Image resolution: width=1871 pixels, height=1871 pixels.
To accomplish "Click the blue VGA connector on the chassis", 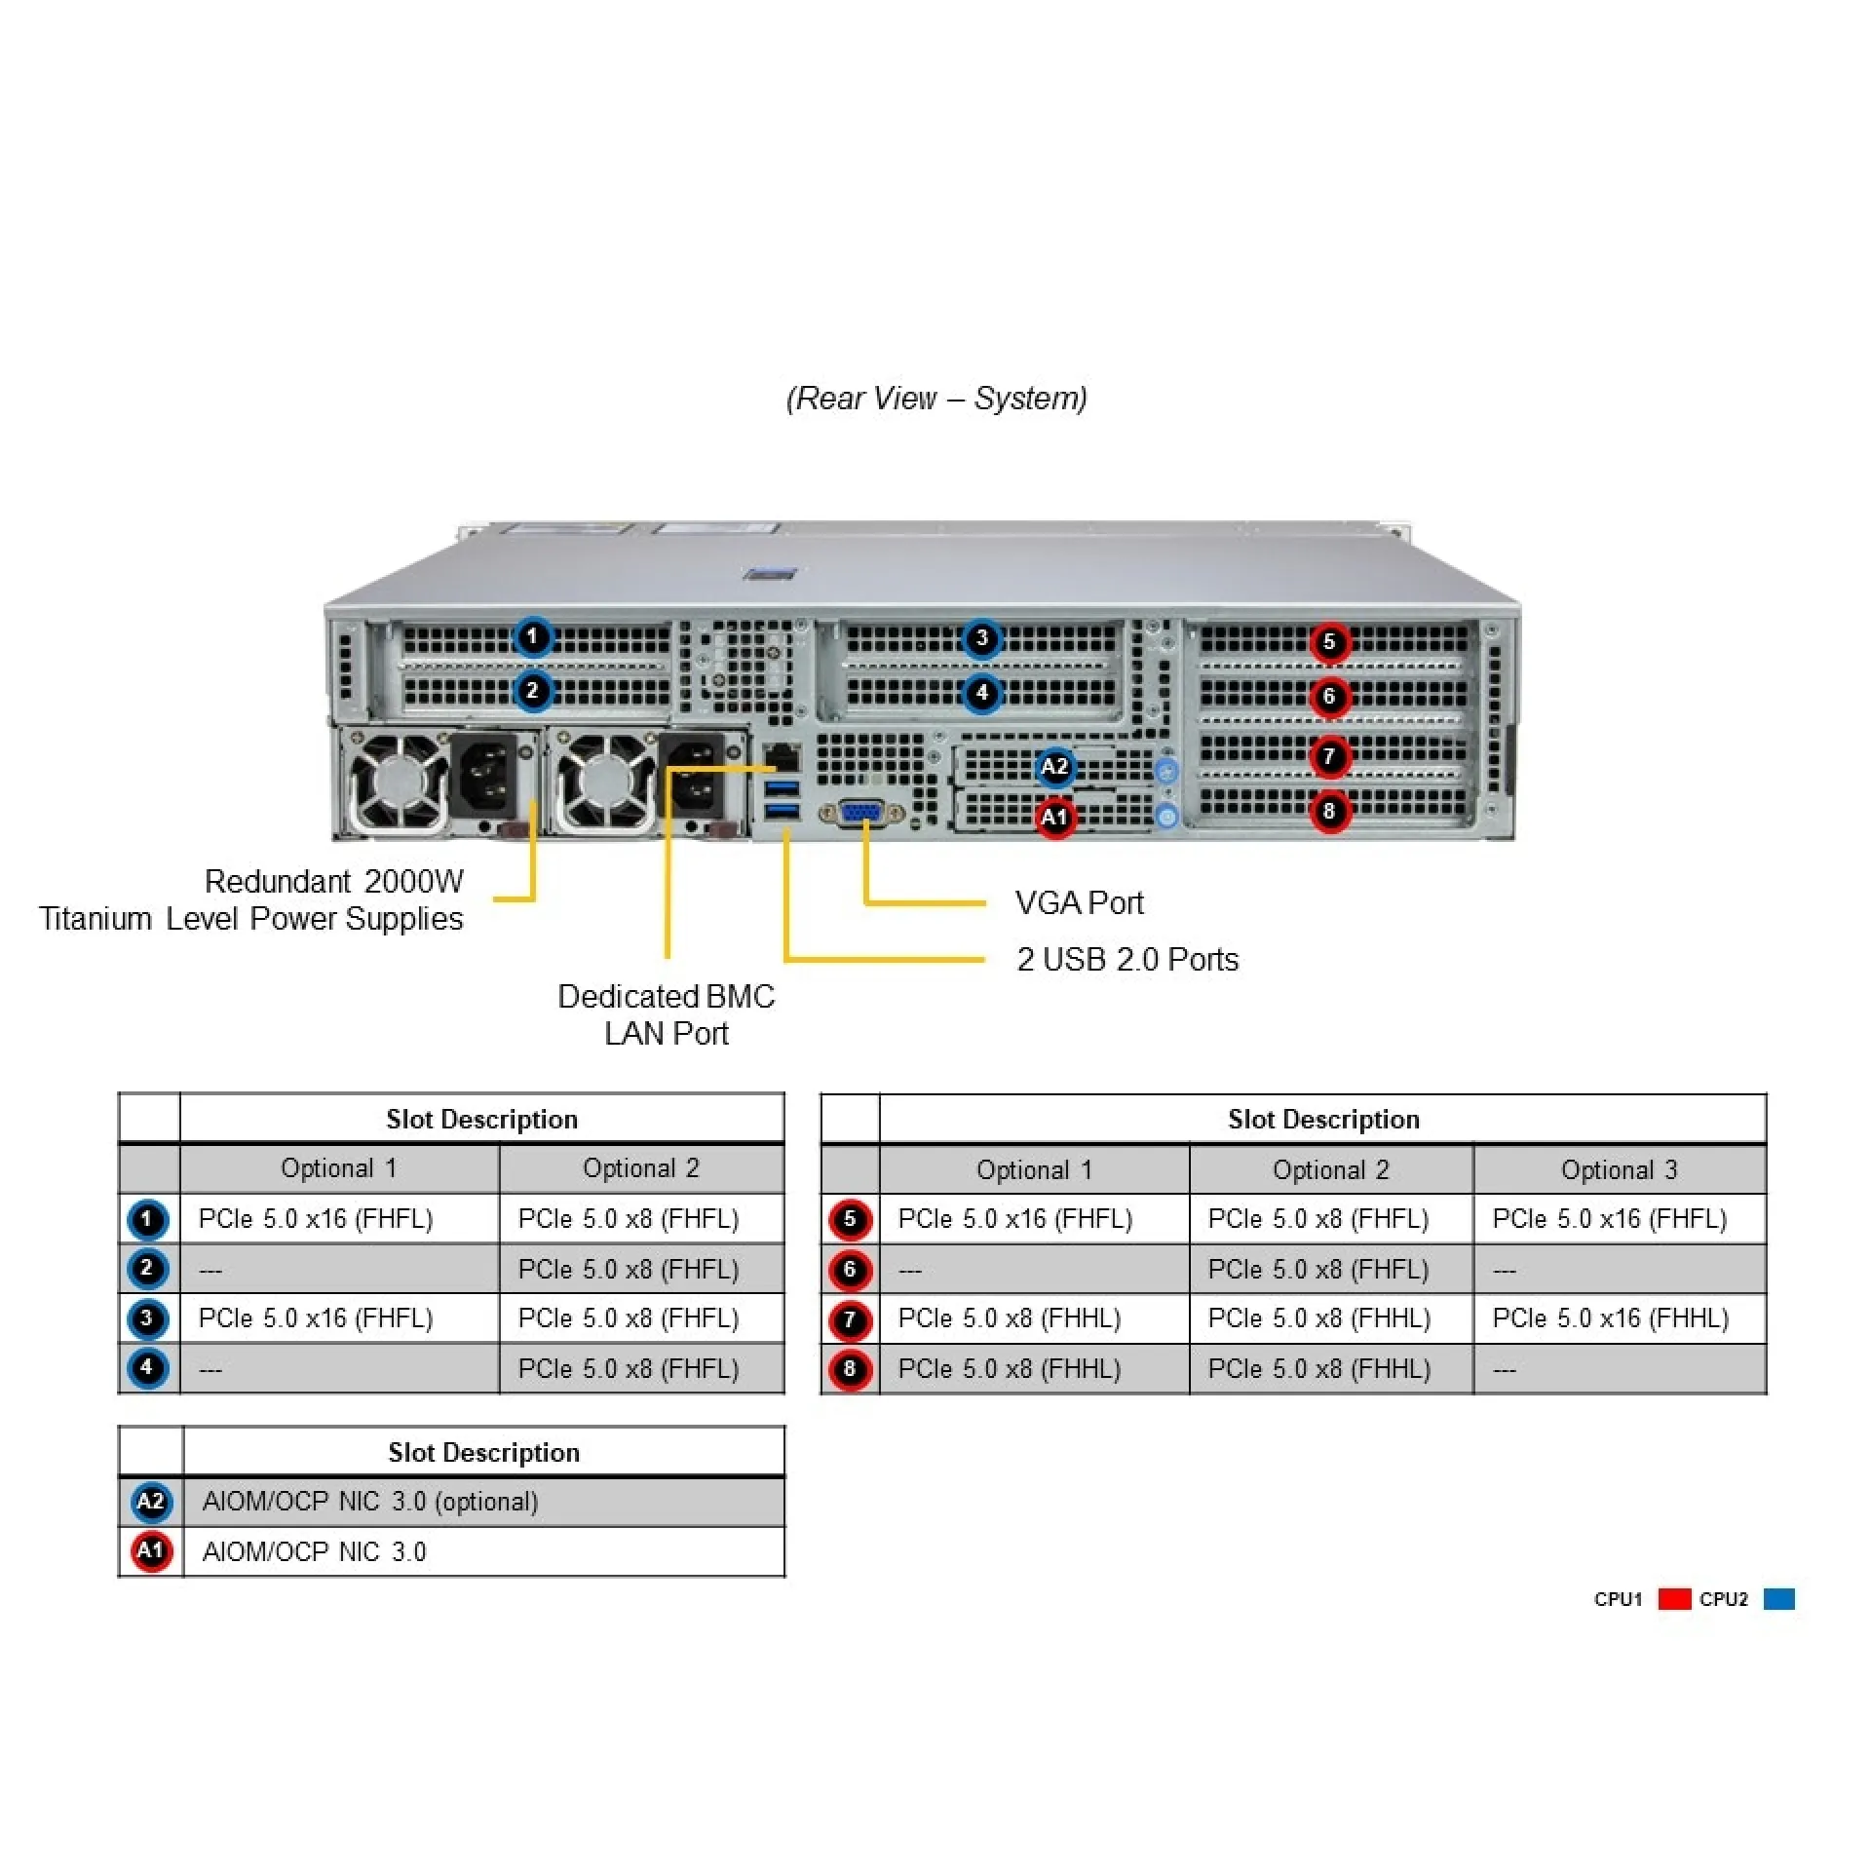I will tap(862, 813).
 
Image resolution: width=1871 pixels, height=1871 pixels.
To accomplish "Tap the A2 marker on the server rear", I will tap(1054, 767).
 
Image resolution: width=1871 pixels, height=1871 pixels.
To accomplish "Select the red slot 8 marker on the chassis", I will tap(1329, 811).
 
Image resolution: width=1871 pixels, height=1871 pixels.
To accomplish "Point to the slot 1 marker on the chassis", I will tap(532, 637).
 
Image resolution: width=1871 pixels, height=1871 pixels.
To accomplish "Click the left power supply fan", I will tap(400, 782).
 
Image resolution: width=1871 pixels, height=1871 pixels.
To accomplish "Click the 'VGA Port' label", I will tap(1079, 902).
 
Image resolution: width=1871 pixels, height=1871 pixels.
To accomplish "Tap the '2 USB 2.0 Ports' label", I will tap(1127, 959).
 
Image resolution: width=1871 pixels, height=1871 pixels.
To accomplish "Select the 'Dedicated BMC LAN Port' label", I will tap(667, 1014).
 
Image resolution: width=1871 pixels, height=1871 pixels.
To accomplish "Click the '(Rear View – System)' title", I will tap(936, 398).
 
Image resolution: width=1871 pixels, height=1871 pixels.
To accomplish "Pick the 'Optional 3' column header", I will tap(1619, 1169).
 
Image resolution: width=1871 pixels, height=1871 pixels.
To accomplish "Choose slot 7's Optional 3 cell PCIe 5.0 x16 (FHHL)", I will tap(1610, 1318).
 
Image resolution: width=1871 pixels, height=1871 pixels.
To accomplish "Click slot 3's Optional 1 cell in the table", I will tap(316, 1318).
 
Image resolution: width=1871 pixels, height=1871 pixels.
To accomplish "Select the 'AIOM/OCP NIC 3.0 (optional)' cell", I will tap(370, 1502).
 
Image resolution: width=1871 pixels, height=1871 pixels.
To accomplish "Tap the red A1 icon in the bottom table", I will tap(151, 1550).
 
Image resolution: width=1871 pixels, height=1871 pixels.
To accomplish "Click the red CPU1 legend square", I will tap(1674, 1599).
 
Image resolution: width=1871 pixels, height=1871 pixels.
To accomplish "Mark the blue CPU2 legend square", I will tap(1778, 1599).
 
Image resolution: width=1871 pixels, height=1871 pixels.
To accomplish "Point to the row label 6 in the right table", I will tap(850, 1269).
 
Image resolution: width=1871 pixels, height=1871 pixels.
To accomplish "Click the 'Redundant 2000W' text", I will tap(333, 881).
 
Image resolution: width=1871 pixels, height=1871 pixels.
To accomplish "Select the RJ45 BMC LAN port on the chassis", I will tap(782, 756).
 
